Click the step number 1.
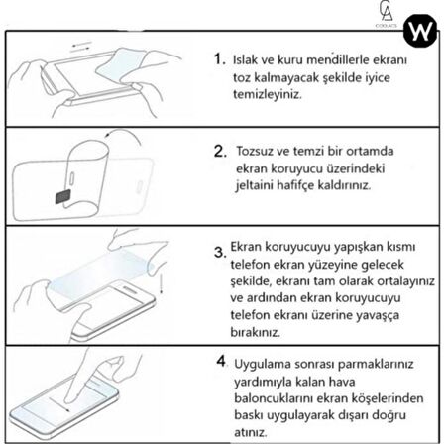[x=219, y=60]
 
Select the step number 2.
[x=219, y=154]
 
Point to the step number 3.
[x=219, y=253]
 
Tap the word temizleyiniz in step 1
[x=267, y=94]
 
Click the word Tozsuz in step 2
[x=255, y=152]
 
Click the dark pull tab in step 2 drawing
[x=62, y=196]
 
